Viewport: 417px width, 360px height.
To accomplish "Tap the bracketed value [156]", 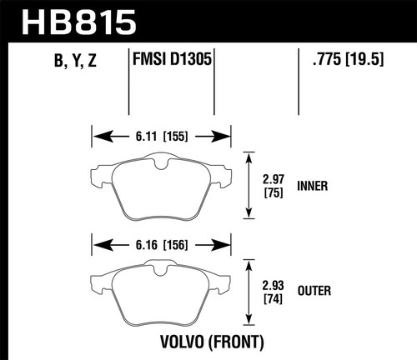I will [177, 245].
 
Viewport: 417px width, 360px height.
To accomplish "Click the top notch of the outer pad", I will [158, 268].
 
